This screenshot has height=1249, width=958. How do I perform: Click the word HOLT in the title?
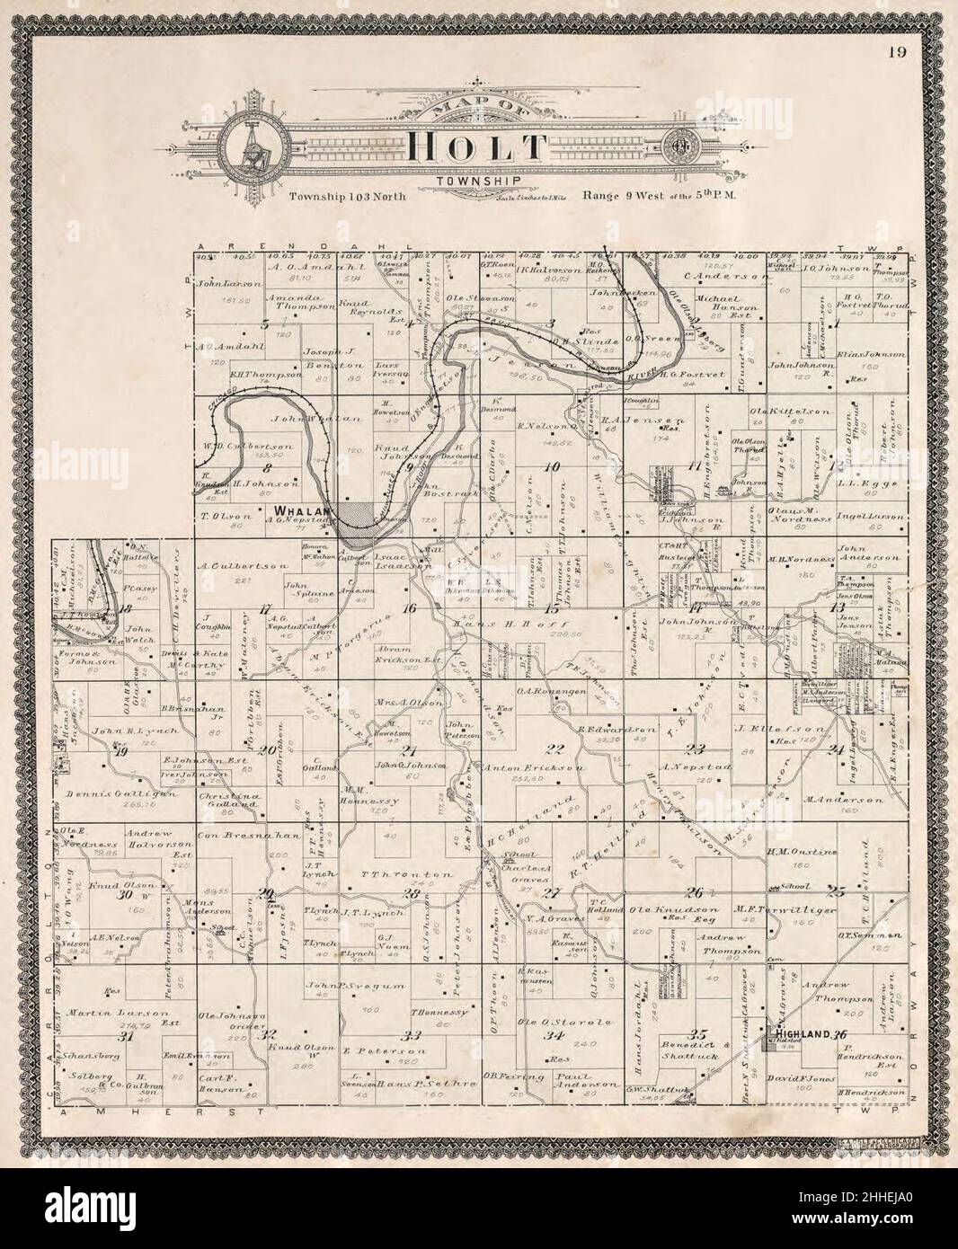pos(477,149)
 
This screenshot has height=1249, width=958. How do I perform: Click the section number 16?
pos(412,608)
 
